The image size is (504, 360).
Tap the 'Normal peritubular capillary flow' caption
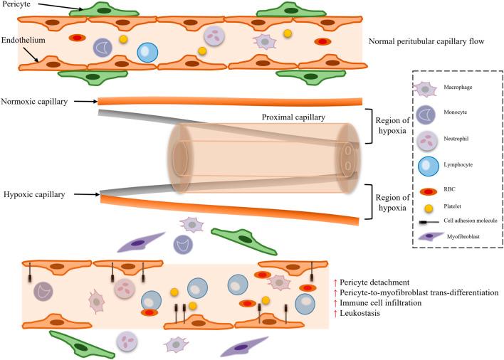(x=427, y=42)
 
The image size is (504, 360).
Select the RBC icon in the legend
(x=425, y=191)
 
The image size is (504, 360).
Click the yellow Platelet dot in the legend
(x=425, y=208)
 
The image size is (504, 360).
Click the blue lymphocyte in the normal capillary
(x=147, y=53)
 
